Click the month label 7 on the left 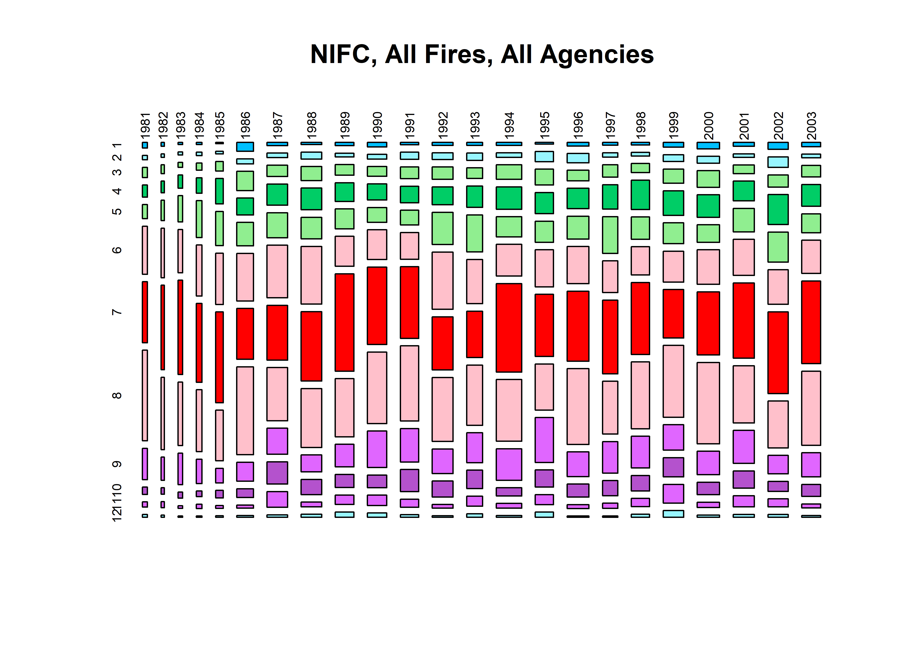pyautogui.click(x=117, y=312)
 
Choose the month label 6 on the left pyautogui.click(x=117, y=250)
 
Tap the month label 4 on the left pyautogui.click(x=117, y=191)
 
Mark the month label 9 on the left pyautogui.click(x=117, y=464)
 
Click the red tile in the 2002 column pyautogui.click(x=778, y=353)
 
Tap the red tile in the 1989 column pyautogui.click(x=345, y=322)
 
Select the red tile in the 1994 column pyautogui.click(x=509, y=328)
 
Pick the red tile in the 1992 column pyautogui.click(x=442, y=343)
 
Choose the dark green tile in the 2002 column pyautogui.click(x=778, y=209)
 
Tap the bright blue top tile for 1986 pyautogui.click(x=245, y=146)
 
